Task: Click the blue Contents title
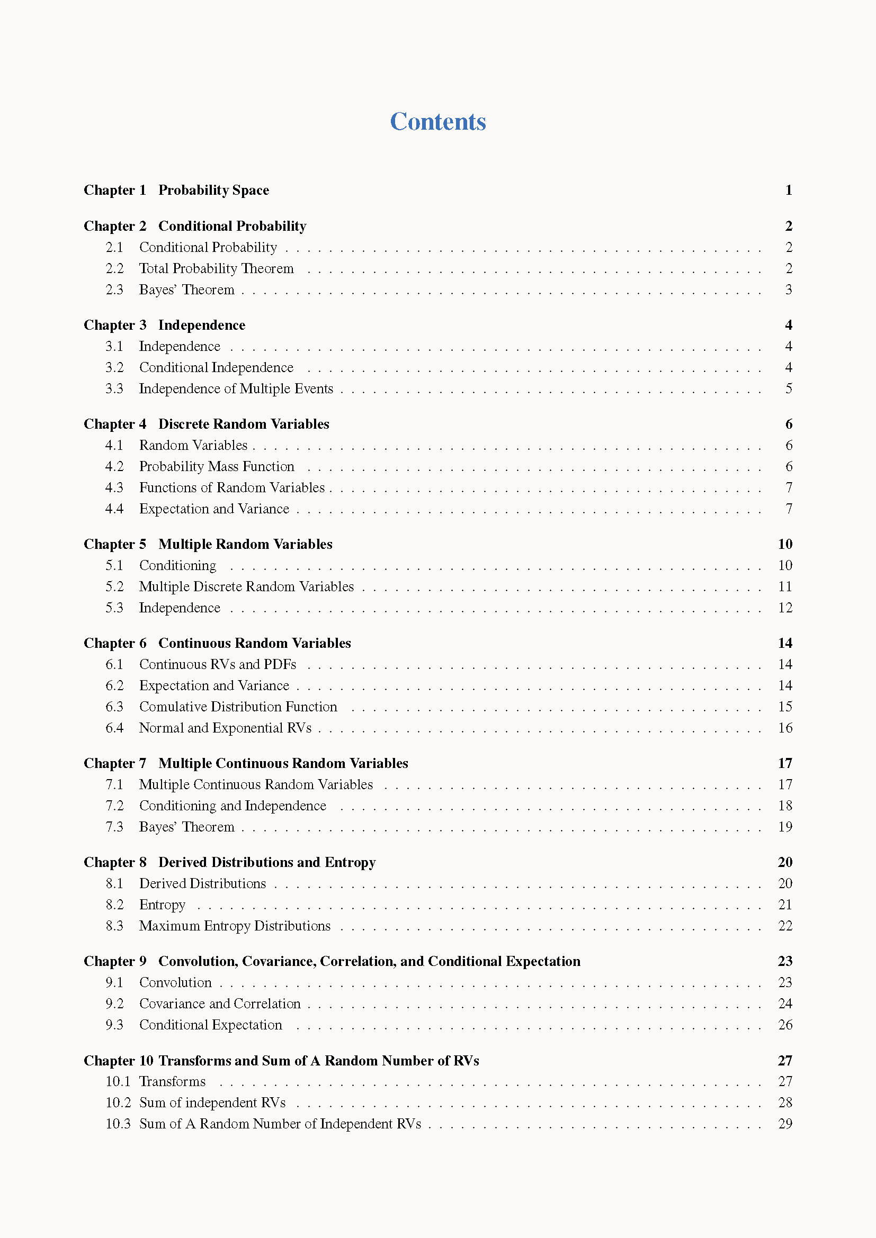click(x=437, y=121)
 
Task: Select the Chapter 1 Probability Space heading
click(x=176, y=191)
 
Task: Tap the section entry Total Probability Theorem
click(x=216, y=268)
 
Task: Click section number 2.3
click(x=114, y=290)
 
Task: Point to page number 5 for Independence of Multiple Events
click(x=788, y=389)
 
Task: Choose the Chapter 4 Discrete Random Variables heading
click(x=206, y=424)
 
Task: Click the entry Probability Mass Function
click(x=216, y=466)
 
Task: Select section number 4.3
click(x=114, y=487)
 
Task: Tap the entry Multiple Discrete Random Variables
click(x=246, y=586)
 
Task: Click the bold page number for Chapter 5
click(x=785, y=544)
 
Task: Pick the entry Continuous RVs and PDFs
click(x=217, y=664)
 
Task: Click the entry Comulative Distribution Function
click(x=238, y=707)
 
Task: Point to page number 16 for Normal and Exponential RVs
click(x=785, y=728)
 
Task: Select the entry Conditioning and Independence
click(x=233, y=806)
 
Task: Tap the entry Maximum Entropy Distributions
click(x=235, y=926)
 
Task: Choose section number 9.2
click(x=114, y=1004)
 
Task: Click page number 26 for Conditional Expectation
click(x=785, y=1025)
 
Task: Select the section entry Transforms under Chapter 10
click(x=172, y=1081)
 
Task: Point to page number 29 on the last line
click(x=785, y=1124)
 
